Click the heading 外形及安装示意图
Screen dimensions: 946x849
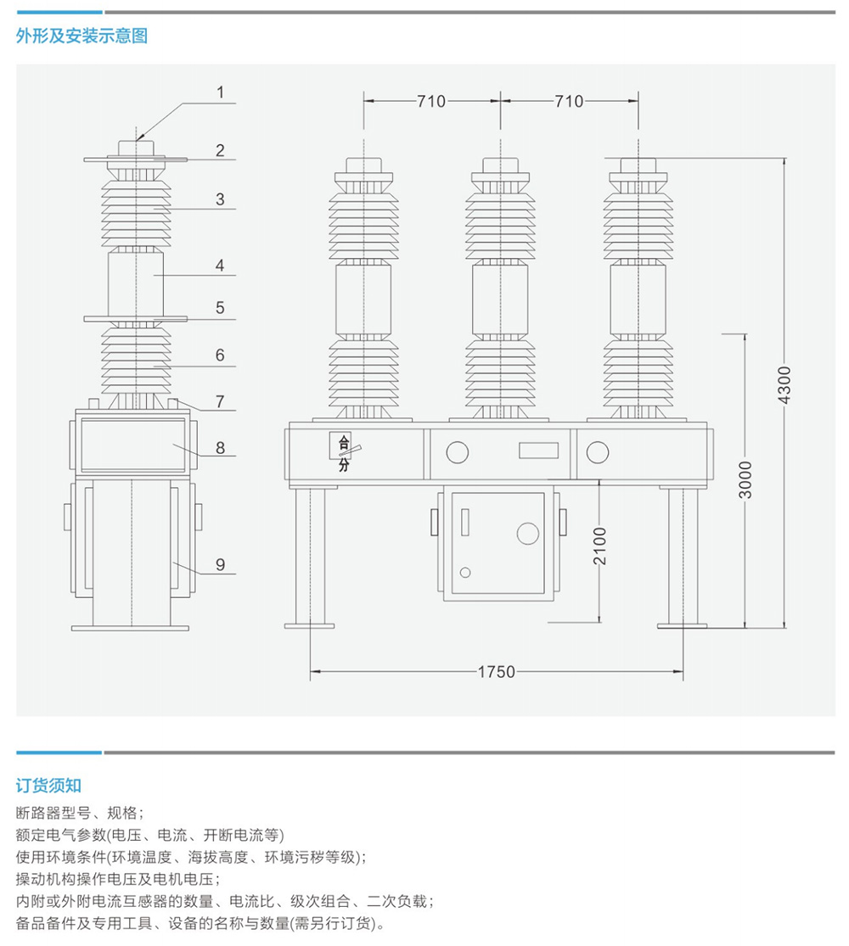[x=82, y=36]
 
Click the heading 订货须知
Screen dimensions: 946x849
[x=48, y=785]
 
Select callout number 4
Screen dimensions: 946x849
[x=220, y=266]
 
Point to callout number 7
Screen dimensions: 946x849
[x=220, y=401]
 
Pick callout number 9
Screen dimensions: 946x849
[x=220, y=563]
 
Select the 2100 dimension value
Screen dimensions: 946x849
[x=599, y=546]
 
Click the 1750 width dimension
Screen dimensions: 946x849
[x=497, y=672]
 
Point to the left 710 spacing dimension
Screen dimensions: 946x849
[x=431, y=102]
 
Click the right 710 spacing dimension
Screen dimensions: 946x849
[x=569, y=102]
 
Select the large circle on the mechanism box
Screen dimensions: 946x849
[x=528, y=533]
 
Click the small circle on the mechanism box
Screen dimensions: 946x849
[x=464, y=573]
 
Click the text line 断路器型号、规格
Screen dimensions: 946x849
[x=80, y=811]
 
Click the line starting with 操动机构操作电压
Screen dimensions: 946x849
[x=118, y=878]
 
